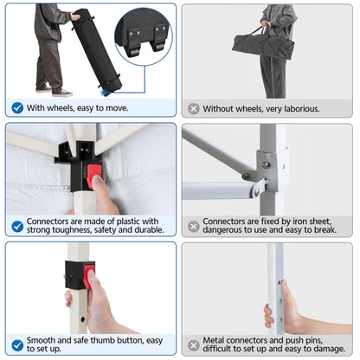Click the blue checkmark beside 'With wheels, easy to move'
(17, 108)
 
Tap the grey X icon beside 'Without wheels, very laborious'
(194, 109)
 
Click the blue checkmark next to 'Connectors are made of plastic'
(17, 227)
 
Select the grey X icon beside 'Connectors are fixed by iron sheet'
(194, 227)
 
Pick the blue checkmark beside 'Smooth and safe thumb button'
(17, 345)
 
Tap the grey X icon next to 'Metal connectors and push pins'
(194, 345)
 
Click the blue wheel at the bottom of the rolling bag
(106, 93)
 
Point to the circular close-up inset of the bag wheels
(144, 36)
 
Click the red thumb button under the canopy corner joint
(94, 176)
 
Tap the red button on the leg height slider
(89, 276)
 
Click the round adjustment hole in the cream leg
(83, 319)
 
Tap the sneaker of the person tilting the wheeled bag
(62, 93)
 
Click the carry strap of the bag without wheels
(260, 30)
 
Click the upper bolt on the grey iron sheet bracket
(266, 165)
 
